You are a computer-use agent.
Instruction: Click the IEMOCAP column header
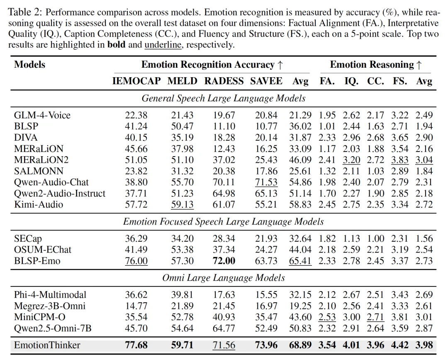[136, 81]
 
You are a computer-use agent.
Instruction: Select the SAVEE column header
[266, 81]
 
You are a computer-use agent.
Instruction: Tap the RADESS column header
[224, 81]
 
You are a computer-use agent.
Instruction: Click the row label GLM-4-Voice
[42, 115]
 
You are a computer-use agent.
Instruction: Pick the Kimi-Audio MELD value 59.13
[183, 204]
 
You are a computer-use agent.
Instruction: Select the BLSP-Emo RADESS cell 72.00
[224, 261]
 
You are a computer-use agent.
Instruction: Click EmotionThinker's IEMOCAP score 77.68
[136, 345]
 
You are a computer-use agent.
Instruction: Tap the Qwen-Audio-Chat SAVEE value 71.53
[266, 182]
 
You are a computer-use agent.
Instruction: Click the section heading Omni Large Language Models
[224, 278]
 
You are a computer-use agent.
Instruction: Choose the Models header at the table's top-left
[29, 65]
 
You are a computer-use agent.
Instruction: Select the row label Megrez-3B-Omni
[50, 306]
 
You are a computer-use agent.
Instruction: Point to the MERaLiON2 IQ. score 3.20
[351, 160]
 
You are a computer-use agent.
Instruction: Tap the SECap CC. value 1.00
[375, 239]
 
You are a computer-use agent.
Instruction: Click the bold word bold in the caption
[117, 45]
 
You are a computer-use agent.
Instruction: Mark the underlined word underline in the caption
[163, 45]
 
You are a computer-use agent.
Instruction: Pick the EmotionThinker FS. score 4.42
[400, 345]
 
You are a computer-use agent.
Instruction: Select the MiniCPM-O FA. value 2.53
[327, 317]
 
